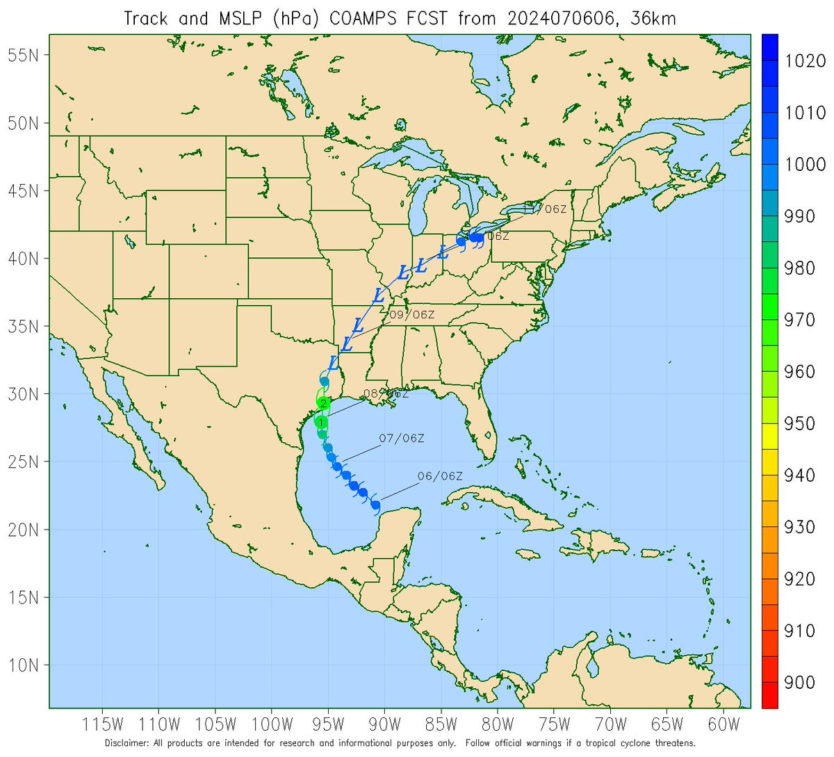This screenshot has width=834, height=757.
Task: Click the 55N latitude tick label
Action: (x=23, y=55)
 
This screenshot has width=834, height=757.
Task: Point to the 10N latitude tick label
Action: (x=23, y=665)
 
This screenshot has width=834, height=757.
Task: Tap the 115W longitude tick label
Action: (x=103, y=724)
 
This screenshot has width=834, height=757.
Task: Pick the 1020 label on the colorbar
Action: (x=805, y=61)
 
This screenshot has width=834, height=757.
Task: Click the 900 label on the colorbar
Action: (x=799, y=683)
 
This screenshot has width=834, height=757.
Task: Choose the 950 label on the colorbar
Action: (x=799, y=423)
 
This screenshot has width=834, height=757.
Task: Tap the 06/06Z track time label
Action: (x=440, y=476)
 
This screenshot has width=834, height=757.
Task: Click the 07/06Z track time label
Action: (x=401, y=439)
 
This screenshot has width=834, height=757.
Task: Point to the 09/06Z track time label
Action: (x=411, y=315)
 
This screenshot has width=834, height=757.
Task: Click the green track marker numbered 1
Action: (x=321, y=422)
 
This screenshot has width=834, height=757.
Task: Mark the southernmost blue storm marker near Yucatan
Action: (x=375, y=505)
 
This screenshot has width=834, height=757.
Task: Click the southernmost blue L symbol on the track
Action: (x=333, y=363)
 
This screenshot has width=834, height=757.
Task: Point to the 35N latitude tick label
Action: (x=23, y=326)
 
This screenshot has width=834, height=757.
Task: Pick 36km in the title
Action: (x=653, y=18)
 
